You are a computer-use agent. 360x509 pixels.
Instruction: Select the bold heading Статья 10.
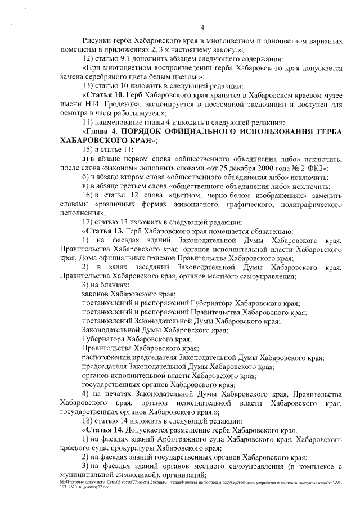coord(103,95)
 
